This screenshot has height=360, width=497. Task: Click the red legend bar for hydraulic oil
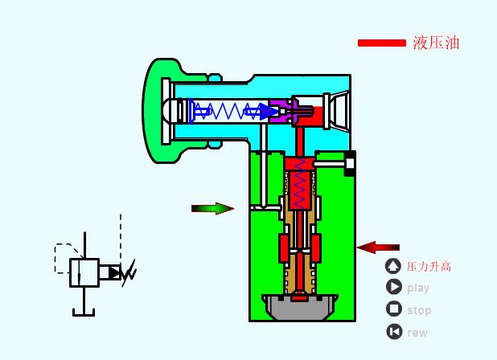click(382, 43)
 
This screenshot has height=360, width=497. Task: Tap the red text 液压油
click(436, 43)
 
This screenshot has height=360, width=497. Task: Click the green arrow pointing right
click(212, 208)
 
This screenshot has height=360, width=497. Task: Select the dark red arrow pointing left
click(378, 247)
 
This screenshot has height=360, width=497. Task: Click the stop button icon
click(394, 309)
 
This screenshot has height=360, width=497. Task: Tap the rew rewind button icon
click(394, 332)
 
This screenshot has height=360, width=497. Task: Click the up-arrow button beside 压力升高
click(393, 266)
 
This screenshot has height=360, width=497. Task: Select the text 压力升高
click(429, 267)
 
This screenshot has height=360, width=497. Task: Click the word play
click(418, 288)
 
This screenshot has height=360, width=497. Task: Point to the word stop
click(419, 310)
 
